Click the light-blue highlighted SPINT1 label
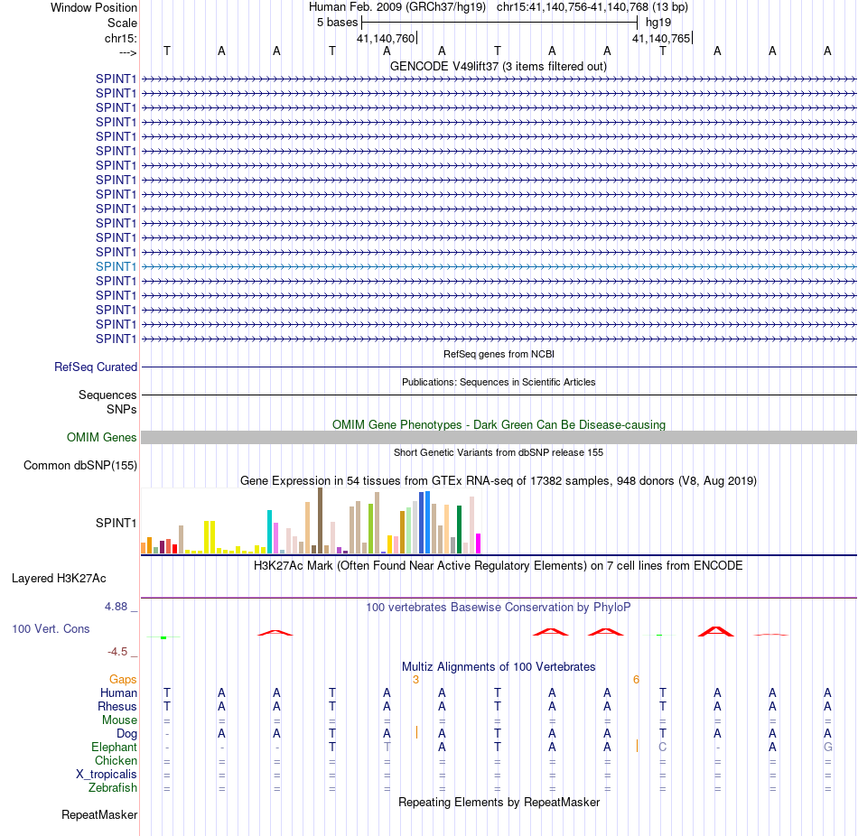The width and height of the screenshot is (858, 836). pyautogui.click(x=116, y=266)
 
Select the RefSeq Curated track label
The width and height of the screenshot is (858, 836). pyautogui.click(x=96, y=367)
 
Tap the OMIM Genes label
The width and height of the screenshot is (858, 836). pyautogui.click(x=102, y=437)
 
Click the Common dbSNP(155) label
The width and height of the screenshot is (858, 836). pyautogui.click(x=80, y=465)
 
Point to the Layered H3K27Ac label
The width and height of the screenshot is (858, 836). pyautogui.click(x=59, y=579)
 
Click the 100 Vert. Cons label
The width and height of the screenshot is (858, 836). pyautogui.click(x=51, y=628)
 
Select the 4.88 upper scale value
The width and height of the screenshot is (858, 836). pyautogui.click(x=116, y=606)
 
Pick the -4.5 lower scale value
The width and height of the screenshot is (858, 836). pyautogui.click(x=117, y=651)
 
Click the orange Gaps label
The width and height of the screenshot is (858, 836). pyautogui.click(x=123, y=679)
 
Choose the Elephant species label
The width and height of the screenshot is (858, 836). pyautogui.click(x=114, y=747)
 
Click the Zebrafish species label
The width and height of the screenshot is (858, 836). pyautogui.click(x=113, y=787)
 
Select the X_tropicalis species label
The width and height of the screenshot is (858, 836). pyautogui.click(x=107, y=774)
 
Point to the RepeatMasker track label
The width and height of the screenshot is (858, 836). pyautogui.click(x=99, y=814)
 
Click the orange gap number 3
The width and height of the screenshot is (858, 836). pyautogui.click(x=415, y=680)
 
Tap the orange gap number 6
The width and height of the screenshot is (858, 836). pyautogui.click(x=636, y=680)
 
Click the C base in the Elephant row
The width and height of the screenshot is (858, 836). pyautogui.click(x=663, y=747)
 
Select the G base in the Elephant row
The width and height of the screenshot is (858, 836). pyautogui.click(x=828, y=747)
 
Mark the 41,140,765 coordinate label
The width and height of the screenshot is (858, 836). pyautogui.click(x=661, y=38)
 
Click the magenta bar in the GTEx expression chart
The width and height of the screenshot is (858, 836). pyautogui.click(x=479, y=543)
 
